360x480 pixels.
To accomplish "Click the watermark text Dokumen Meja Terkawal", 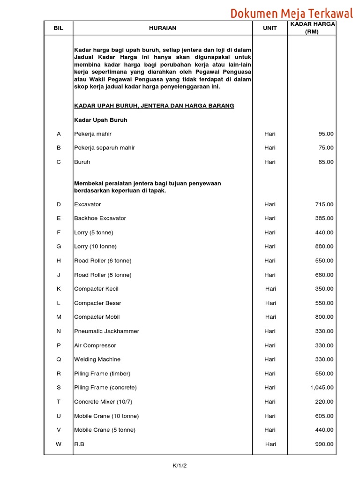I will pos(291,13).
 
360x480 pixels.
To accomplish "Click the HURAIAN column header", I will pos(163,28).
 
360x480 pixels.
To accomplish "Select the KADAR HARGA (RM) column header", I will pos(312,28).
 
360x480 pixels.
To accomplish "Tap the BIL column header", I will pos(59,28).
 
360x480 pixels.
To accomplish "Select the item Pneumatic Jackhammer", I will pos(106,331).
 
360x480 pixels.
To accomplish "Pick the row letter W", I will pos(59,444).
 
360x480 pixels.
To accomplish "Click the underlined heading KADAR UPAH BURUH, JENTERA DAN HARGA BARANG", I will pos(154,106).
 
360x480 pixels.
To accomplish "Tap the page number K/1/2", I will pos(180,465).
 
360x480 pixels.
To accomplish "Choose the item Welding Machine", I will pos(97,360).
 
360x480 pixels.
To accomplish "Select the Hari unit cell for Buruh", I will pos(270,162).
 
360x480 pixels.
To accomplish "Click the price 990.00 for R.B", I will pos(324,444).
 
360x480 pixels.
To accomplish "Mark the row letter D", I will pos(59,204).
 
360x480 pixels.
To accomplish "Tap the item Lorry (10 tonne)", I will pos(95,247).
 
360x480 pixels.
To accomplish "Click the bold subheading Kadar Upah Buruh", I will pos(101,120).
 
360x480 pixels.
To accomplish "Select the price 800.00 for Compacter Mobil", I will pos(324,317).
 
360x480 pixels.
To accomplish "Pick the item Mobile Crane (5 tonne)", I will pos(105,430).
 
